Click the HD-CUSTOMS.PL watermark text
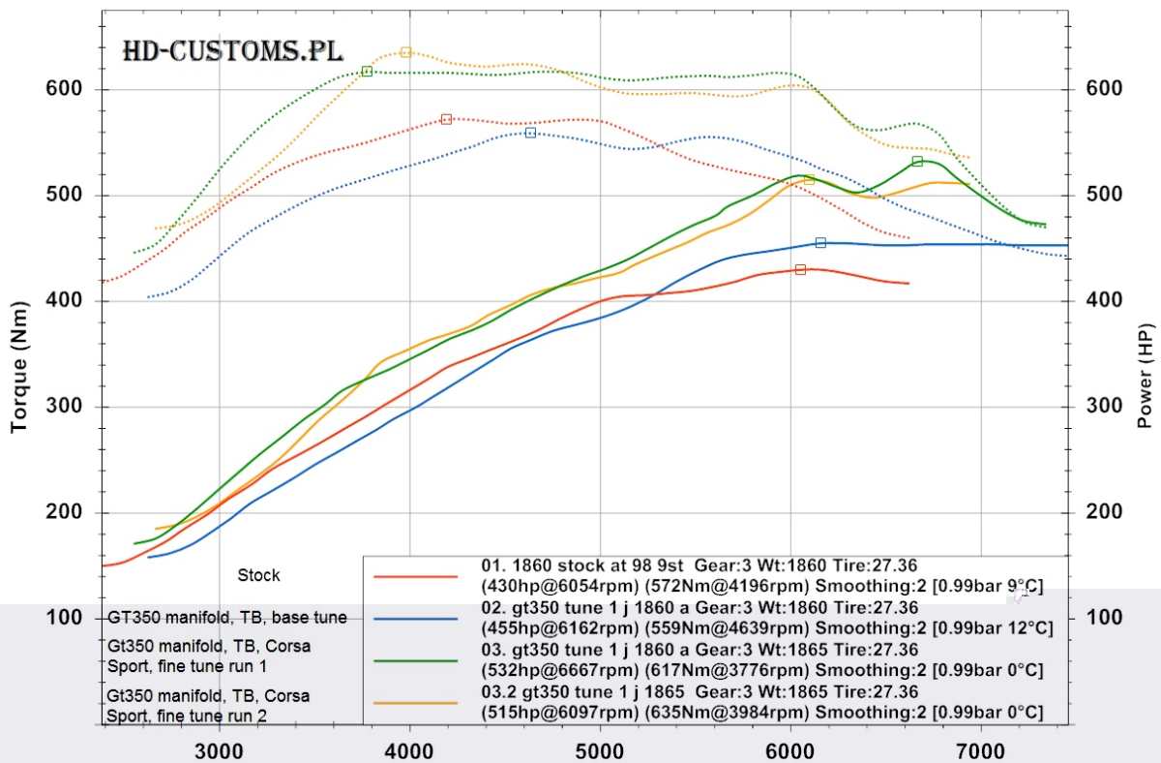pyautogui.click(x=232, y=51)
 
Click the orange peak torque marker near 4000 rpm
pyautogui.click(x=405, y=52)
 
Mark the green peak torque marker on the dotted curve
pyautogui.click(x=367, y=72)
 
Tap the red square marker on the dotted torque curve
pyautogui.click(x=446, y=119)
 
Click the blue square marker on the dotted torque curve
pyautogui.click(x=530, y=133)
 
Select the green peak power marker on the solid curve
pyautogui.click(x=917, y=162)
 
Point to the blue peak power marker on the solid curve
pyautogui.click(x=820, y=243)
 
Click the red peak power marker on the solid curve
pyautogui.click(x=800, y=270)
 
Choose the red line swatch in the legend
pyautogui.click(x=416, y=576)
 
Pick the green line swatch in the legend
pyautogui.click(x=416, y=660)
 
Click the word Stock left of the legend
pyautogui.click(x=258, y=575)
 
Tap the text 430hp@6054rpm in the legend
pyautogui.click(x=557, y=586)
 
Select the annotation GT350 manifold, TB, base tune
pyautogui.click(x=227, y=617)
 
